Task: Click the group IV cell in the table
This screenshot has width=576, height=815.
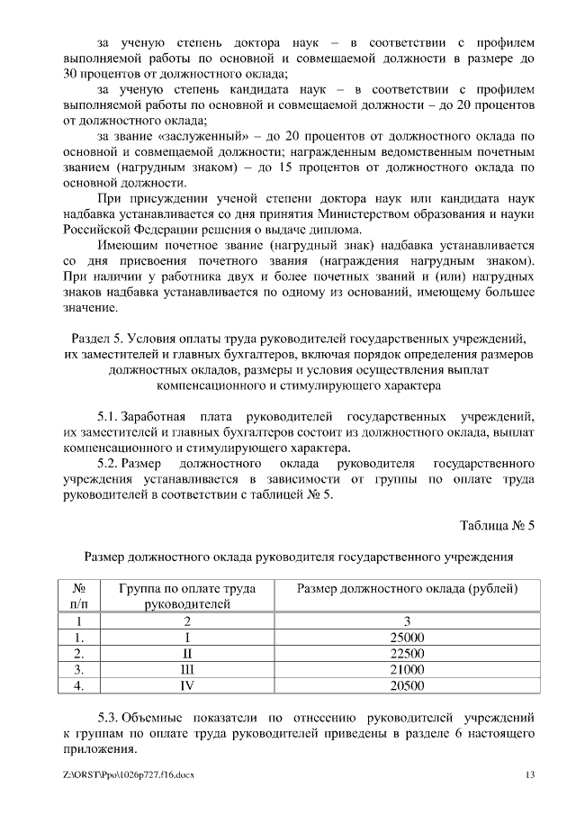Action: (187, 686)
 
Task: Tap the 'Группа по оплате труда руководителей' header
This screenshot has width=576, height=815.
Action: (187, 596)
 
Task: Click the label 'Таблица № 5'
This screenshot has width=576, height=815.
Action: (497, 525)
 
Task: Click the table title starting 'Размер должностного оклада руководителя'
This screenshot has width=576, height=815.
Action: (298, 557)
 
